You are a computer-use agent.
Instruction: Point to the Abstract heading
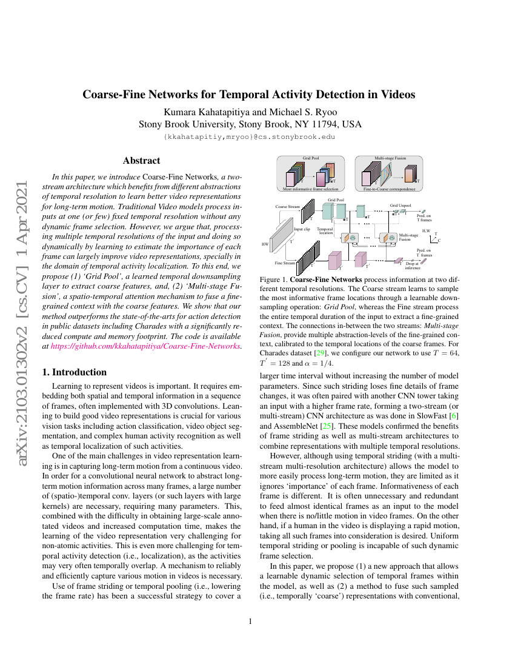[141, 161]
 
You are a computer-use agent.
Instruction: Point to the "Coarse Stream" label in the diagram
[287, 206]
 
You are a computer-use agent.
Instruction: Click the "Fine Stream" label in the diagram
[285, 263]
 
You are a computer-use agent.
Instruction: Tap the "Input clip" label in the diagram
[302, 229]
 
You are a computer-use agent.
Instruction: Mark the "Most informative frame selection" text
[311, 189]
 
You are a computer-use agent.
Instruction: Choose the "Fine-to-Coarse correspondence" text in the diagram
[390, 189]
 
